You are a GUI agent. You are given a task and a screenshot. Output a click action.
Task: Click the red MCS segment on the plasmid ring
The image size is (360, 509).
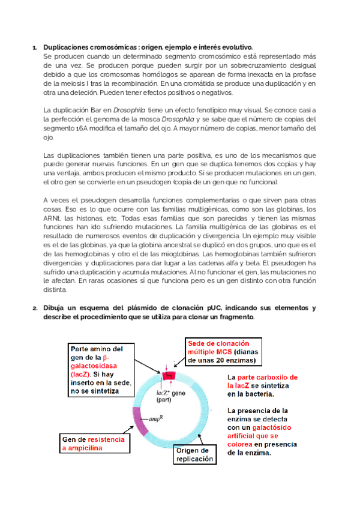168,375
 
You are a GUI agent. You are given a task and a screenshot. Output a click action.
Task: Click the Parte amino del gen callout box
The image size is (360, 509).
100,369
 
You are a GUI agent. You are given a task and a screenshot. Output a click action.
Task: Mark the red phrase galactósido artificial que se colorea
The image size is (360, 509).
253,433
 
